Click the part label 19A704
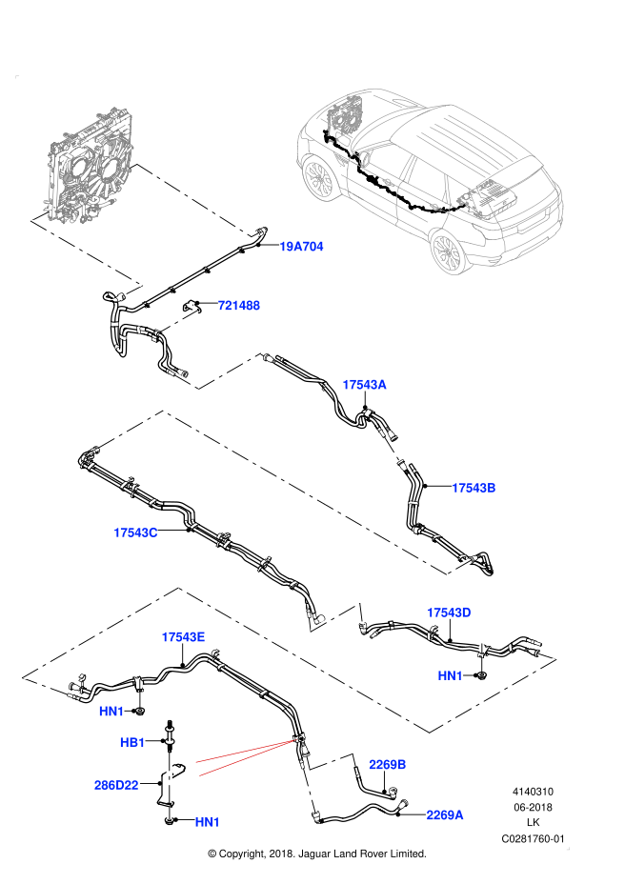coord(301,247)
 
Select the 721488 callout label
coord(238,306)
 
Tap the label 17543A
coord(364,385)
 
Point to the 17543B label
coord(474,488)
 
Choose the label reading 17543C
coord(135,532)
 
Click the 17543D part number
coord(449,613)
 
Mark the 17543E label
coord(183,637)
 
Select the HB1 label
coord(132,742)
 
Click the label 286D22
coord(116,786)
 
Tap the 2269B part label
coord(388,765)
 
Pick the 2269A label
coord(445,815)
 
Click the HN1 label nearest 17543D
coord(450,675)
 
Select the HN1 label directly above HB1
coord(111,712)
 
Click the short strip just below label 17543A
coord(392,449)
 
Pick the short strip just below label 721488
coord(179,321)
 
